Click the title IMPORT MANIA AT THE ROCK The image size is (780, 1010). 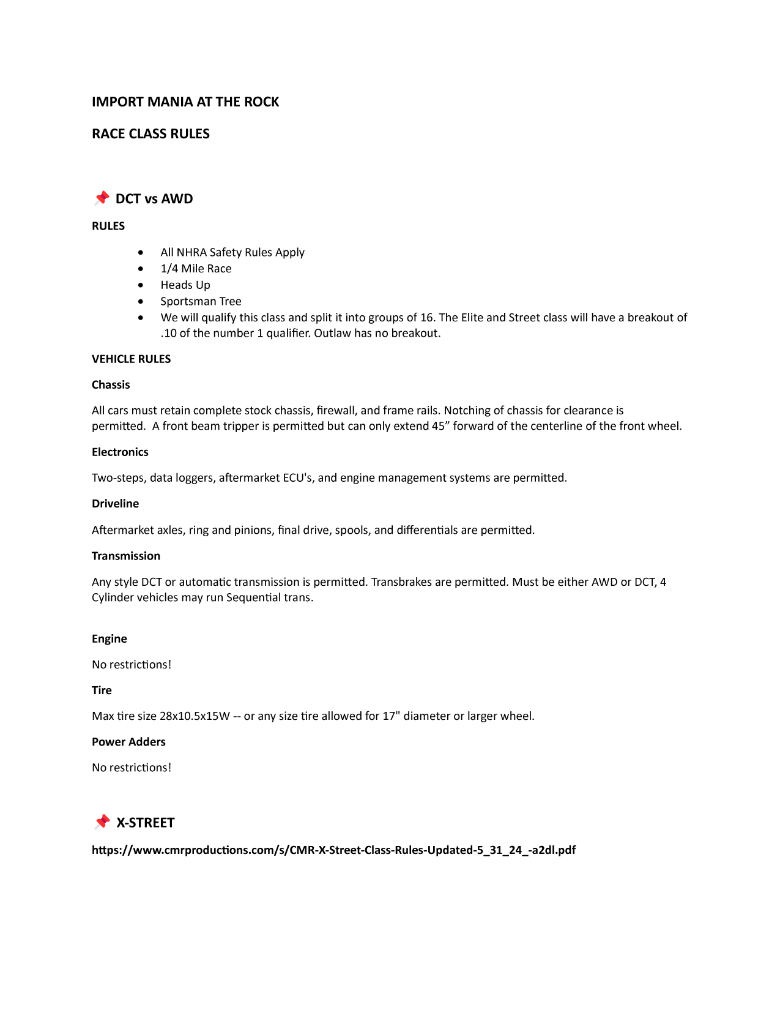coord(185,102)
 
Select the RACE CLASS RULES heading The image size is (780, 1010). coord(150,133)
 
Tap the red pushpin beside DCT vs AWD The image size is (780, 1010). coord(102,198)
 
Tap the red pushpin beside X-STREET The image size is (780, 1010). coord(102,821)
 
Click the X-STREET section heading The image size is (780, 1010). coord(146,823)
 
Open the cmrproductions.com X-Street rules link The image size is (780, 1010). coord(333,850)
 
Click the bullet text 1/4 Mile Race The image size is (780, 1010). coord(196,269)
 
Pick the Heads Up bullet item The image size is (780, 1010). coord(185,285)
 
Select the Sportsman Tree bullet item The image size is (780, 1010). coord(201,301)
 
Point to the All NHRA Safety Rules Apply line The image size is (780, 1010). coord(232,252)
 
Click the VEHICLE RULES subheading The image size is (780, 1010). coord(131,359)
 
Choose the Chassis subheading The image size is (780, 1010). coord(111,384)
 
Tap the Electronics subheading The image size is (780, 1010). coord(120,452)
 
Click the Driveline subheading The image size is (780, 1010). coord(115,503)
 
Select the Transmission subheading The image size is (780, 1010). coord(126,556)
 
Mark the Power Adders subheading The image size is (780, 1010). coord(128,741)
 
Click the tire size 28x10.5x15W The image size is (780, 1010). coord(195,716)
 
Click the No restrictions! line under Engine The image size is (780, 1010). coord(132,665)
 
